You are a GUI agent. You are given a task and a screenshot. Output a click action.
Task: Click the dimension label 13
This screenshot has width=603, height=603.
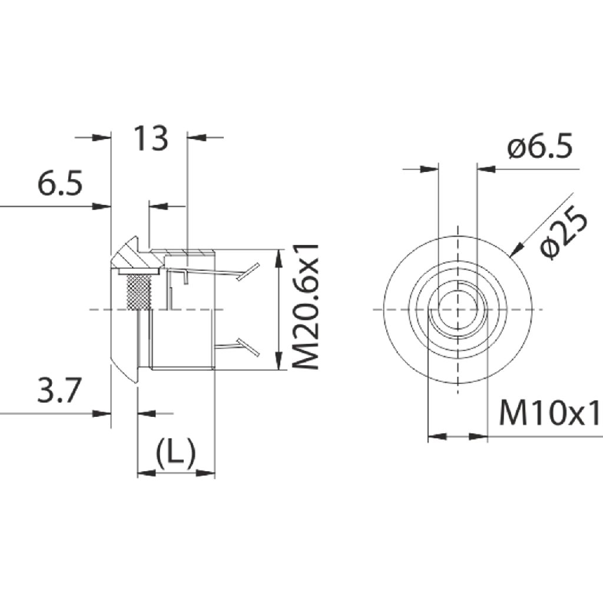click(x=150, y=138)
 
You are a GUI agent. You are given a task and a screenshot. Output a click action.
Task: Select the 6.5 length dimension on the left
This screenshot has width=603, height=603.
click(x=60, y=183)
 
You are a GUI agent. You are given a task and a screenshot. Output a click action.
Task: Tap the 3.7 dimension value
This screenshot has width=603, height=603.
click(x=59, y=390)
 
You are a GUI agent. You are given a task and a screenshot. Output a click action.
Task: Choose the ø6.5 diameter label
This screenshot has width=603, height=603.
click(x=539, y=146)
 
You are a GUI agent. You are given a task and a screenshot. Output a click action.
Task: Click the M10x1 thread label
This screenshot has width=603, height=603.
click(x=550, y=413)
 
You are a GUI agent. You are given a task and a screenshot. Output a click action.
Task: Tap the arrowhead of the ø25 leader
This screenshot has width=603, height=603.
click(x=516, y=249)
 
